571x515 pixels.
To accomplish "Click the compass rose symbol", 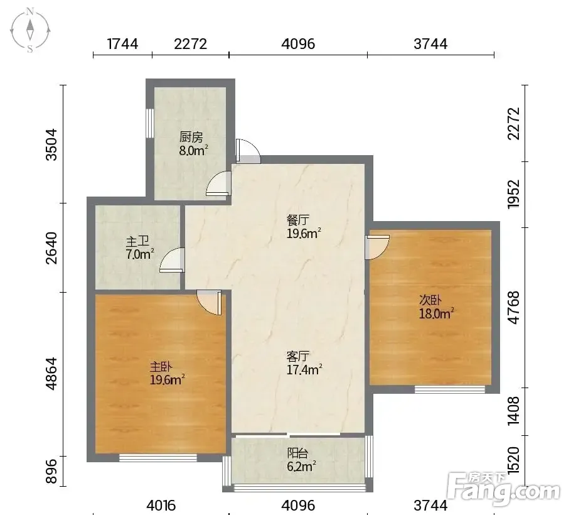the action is [30, 31].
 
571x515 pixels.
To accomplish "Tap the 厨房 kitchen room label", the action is [191, 138].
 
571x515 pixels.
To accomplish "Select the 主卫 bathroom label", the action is [137, 241].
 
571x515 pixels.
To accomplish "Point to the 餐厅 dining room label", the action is [298, 220].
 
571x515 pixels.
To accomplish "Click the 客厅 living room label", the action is [298, 355].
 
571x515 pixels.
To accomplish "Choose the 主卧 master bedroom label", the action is [161, 366].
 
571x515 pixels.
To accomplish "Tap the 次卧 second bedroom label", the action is [430, 300].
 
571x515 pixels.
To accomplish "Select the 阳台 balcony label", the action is [298, 453].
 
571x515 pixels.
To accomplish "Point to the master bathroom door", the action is [171, 260].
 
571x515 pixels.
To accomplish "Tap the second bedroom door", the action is [378, 247].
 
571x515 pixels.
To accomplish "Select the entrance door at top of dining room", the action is [248, 151].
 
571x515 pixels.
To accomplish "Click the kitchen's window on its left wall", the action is [150, 123].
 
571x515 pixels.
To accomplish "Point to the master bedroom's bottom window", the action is [158, 458].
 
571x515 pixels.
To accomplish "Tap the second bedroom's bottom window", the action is [450, 389].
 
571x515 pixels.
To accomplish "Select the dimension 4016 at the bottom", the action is [161, 505].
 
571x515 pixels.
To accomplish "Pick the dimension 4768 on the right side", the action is [513, 307].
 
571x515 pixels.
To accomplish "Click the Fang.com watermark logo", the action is [503, 489].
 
